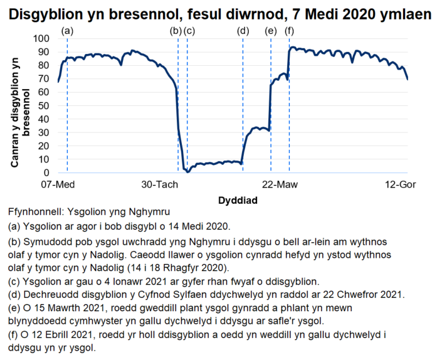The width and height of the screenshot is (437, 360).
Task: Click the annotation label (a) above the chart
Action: (x=68, y=30)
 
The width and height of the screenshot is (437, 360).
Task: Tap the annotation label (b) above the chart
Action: (x=176, y=30)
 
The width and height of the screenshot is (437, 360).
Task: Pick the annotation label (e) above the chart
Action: (x=271, y=30)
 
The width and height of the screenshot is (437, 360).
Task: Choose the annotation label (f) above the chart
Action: (x=289, y=30)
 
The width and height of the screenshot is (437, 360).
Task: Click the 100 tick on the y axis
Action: (x=41, y=38)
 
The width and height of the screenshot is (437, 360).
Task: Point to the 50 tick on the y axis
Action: (x=44, y=105)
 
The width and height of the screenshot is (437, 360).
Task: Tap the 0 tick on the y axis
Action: (x=46, y=172)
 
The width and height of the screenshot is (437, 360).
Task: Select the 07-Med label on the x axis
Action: (x=58, y=186)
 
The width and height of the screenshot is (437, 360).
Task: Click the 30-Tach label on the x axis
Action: (x=159, y=186)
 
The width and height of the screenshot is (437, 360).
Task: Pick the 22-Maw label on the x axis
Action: (x=279, y=186)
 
